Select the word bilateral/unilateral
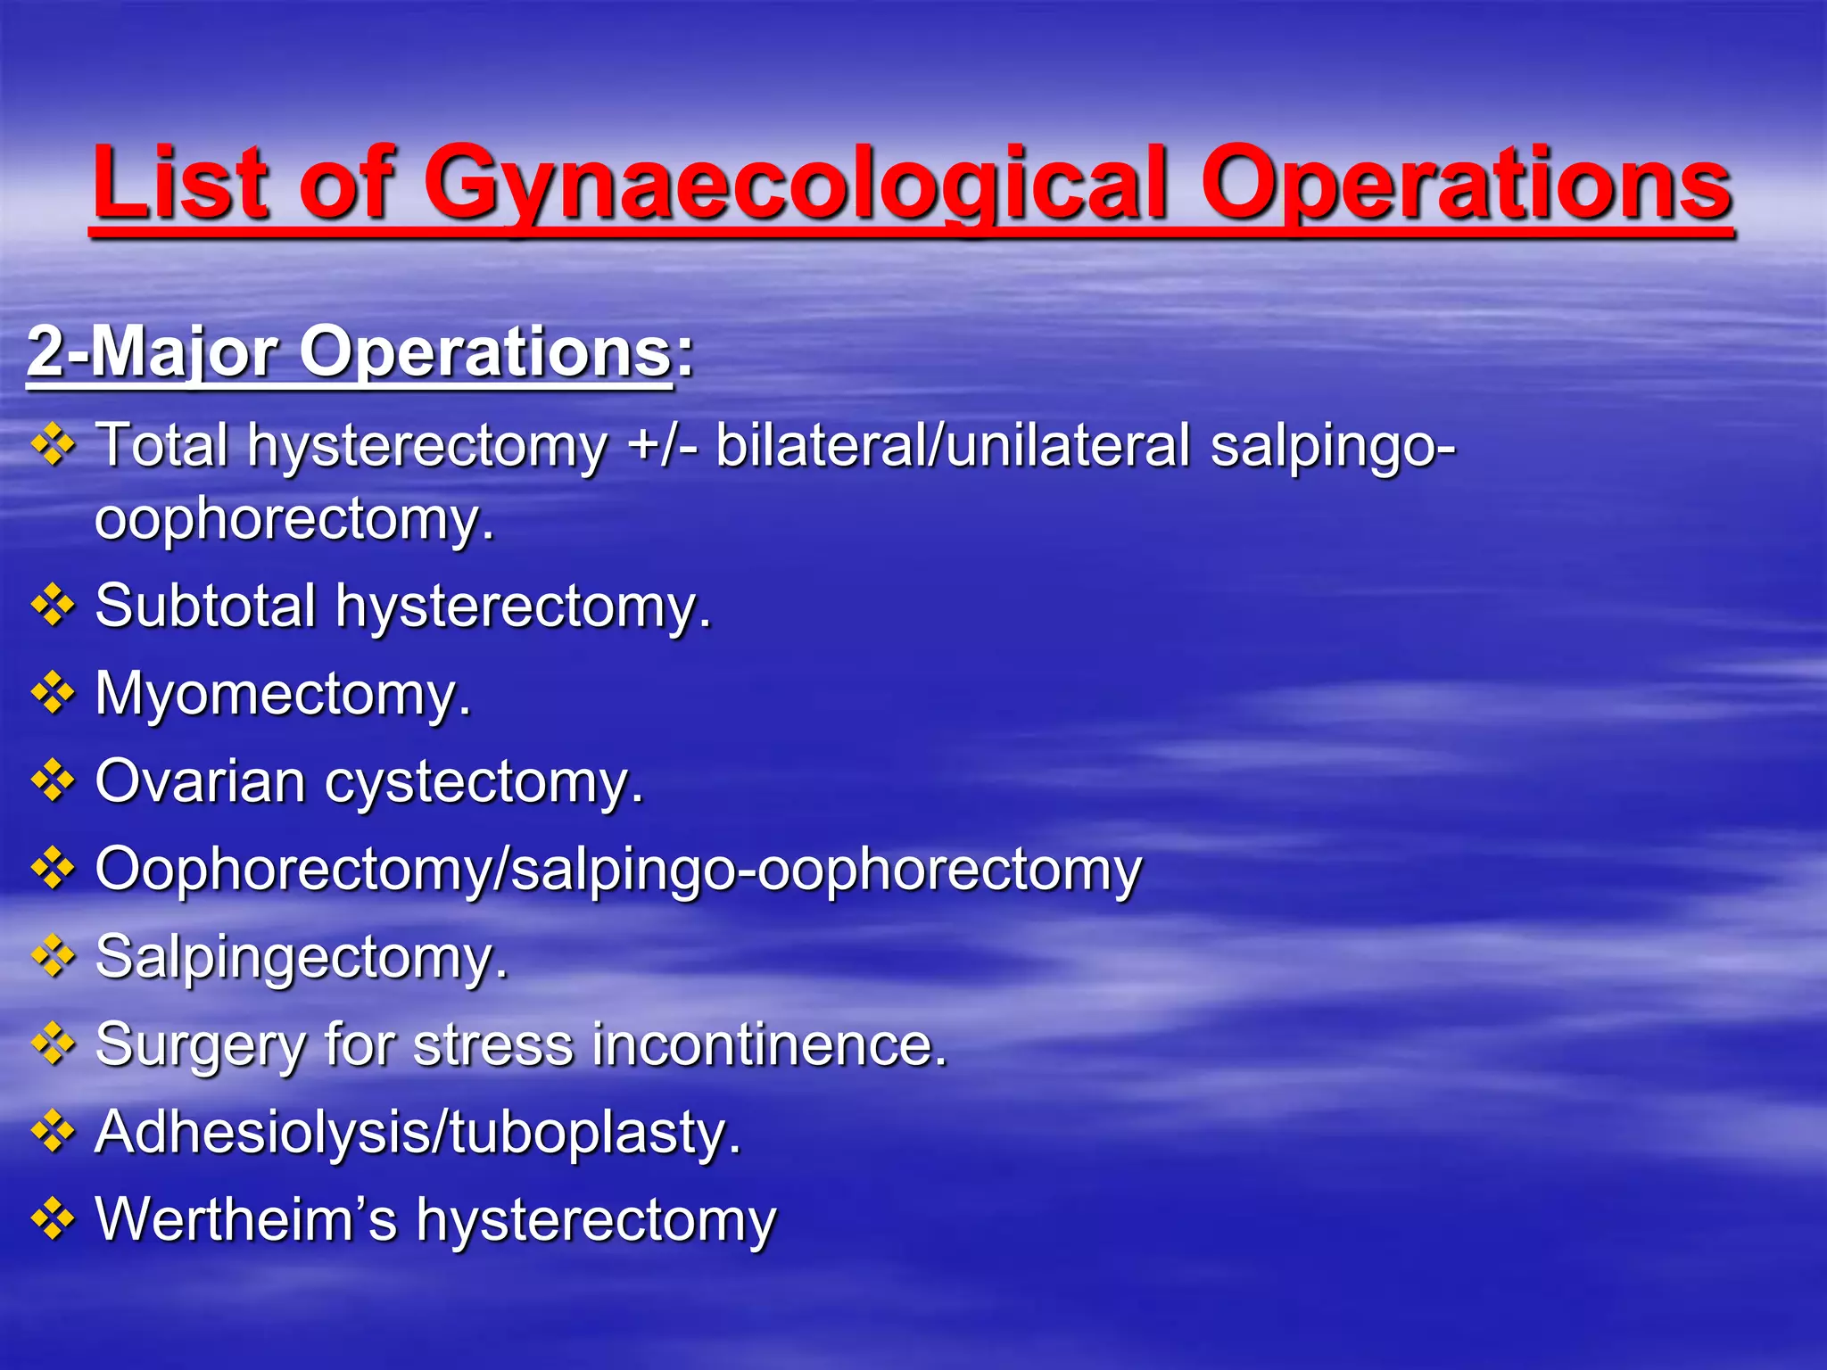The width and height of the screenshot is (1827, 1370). (x=953, y=445)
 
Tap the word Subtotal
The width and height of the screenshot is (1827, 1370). (x=205, y=606)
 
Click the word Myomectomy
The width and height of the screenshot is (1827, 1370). (x=282, y=694)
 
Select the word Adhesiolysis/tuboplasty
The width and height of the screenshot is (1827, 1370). (x=417, y=1134)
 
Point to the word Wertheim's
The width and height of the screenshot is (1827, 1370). (x=245, y=1219)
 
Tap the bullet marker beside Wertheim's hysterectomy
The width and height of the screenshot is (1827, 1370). (x=53, y=1219)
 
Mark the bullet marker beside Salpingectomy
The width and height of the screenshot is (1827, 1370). (x=53, y=957)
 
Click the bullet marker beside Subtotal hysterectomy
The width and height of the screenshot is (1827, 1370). (x=53, y=606)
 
